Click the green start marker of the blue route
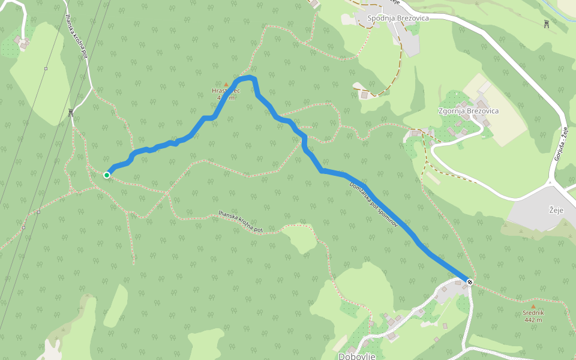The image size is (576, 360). (x=107, y=175)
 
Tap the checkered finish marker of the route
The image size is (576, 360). (x=470, y=282)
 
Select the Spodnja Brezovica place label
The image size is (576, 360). (x=398, y=18)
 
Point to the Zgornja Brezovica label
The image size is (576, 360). (x=469, y=111)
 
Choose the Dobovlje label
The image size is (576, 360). (x=356, y=356)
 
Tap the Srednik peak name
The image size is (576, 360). (x=533, y=313)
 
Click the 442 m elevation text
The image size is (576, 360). (x=533, y=320)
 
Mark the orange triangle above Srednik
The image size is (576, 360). (x=533, y=306)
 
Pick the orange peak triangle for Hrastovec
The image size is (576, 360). (x=226, y=84)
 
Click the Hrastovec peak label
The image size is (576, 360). (x=226, y=91)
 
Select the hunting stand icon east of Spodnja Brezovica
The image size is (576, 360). (x=546, y=25)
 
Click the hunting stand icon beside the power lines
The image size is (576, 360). (x=71, y=112)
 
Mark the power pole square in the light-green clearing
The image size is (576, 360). (x=46, y=68)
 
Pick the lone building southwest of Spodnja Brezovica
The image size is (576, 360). (x=364, y=95)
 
